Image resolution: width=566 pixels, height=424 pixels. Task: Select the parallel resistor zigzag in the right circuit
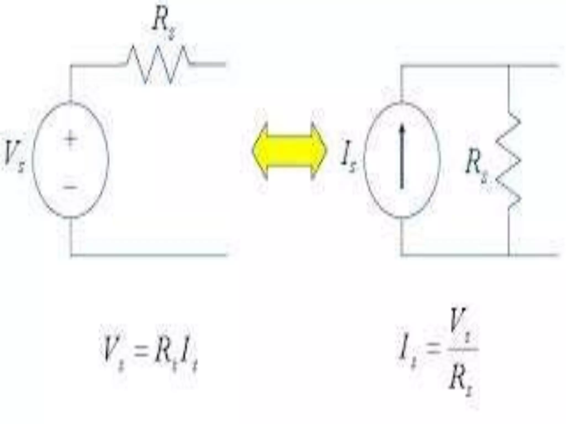pyautogui.click(x=509, y=160)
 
